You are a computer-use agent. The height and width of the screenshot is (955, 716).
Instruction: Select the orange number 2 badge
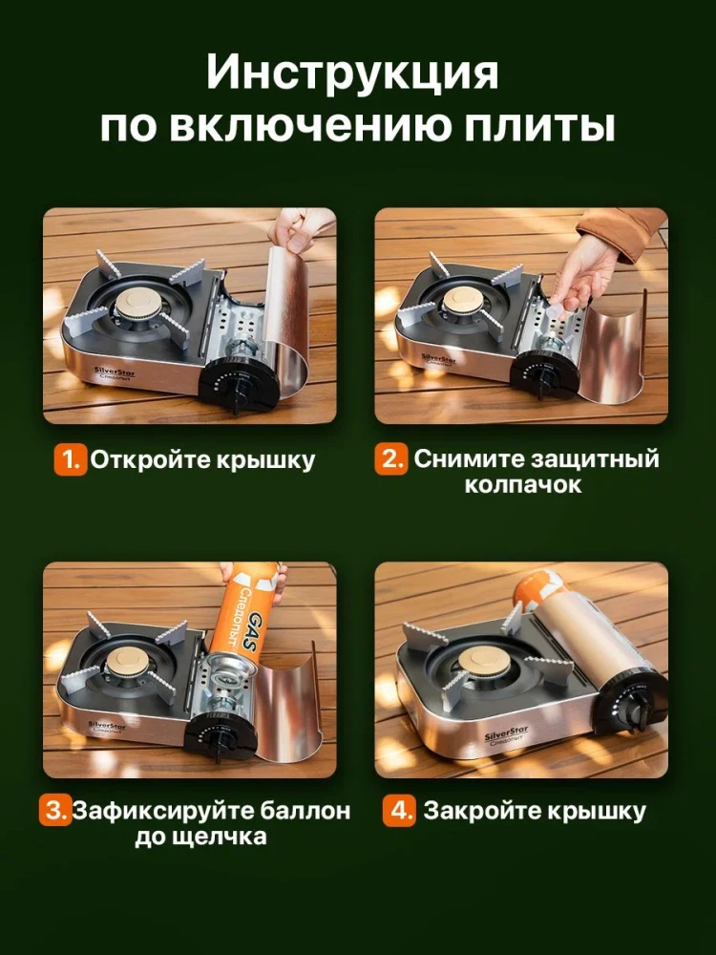coord(392,459)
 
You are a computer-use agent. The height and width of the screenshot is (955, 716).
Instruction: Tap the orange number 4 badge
coord(399,812)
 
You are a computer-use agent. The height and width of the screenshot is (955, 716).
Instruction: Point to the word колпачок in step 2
coord(523,485)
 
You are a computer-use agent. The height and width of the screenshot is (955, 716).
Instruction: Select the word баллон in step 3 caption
coord(304,812)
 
